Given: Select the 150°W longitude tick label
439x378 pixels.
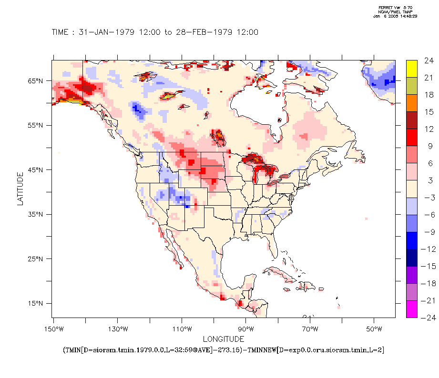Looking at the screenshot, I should pos(53,329).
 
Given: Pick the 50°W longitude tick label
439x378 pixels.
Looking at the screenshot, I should pos(374,329).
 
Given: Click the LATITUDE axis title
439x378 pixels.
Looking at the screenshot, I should pos(20,189).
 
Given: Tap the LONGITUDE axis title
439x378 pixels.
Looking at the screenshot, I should pos(224,339).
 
